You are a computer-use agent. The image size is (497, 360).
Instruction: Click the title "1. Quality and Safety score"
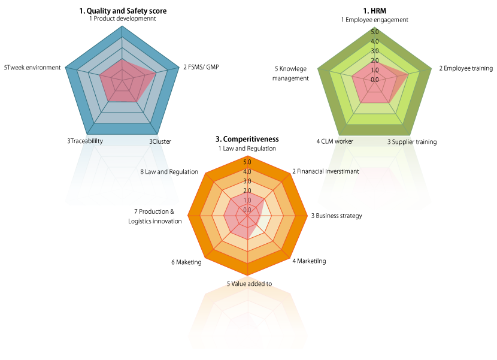[x=123, y=11]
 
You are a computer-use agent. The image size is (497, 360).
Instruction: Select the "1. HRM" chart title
[x=374, y=11]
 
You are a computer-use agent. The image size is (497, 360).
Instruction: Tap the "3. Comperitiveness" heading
[x=247, y=139]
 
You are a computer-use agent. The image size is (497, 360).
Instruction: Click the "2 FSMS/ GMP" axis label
[x=201, y=67]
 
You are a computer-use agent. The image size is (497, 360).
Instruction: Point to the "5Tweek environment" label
[x=32, y=68]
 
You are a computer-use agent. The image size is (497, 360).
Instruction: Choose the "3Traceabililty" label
[x=85, y=141]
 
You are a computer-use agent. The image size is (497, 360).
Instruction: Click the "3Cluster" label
[x=160, y=141]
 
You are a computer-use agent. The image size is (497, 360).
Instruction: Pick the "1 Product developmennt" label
[x=122, y=19]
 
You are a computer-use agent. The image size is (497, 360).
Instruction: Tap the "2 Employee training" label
[x=466, y=68]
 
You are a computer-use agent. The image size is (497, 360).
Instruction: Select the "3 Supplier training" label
[x=412, y=142]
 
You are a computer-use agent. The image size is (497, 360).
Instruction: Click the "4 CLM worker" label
[x=335, y=141]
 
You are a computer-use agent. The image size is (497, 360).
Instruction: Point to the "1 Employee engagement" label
[x=375, y=20]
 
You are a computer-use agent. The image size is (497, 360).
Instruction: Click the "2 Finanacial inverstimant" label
[x=326, y=171]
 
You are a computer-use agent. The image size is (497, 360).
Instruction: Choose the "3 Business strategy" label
[x=337, y=216]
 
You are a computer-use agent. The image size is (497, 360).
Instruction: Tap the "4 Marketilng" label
[x=309, y=261]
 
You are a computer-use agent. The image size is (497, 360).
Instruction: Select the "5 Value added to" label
[x=249, y=283]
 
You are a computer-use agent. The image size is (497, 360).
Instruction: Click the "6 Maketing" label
[x=186, y=262]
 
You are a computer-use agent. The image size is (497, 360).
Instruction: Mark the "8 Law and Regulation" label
[x=169, y=171]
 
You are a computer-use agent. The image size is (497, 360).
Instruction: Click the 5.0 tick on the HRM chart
[x=375, y=32]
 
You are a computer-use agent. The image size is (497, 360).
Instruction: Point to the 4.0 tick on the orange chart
[x=247, y=171]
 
